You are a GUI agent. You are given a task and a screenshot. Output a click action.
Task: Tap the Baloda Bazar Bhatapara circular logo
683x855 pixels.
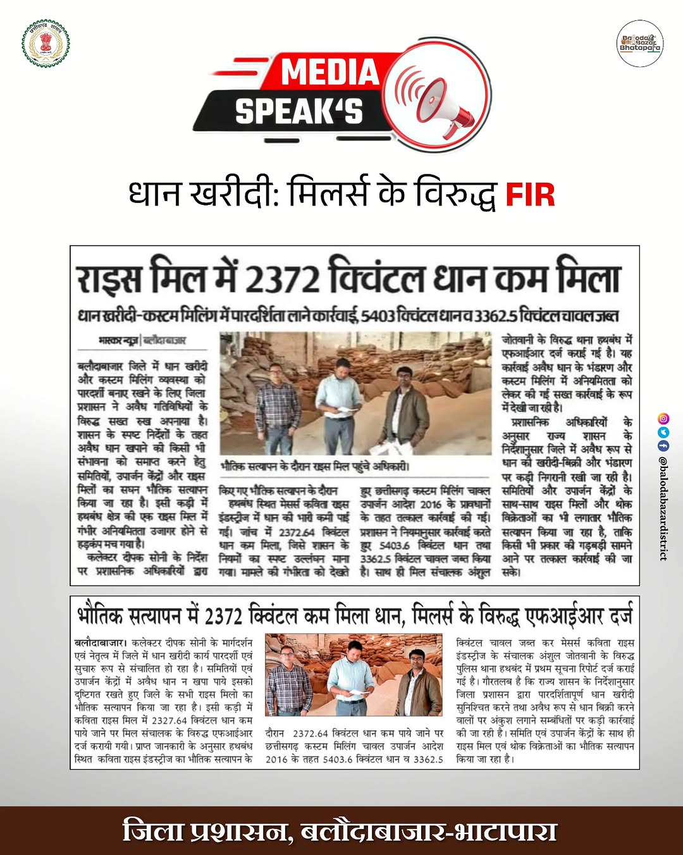639,43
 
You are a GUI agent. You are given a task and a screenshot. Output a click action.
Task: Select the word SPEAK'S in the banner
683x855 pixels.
299,111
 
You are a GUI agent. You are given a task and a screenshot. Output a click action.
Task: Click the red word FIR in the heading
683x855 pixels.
530,195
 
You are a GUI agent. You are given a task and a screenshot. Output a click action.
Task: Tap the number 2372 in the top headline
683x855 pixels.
282,279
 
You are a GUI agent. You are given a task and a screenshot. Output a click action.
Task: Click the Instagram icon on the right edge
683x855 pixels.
663,418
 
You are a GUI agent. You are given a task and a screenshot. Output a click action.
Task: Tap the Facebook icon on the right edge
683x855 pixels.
663,446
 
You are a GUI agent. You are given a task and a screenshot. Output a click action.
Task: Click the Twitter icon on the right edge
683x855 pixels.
663,433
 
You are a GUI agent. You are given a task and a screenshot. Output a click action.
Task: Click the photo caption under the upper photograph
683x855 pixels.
315,467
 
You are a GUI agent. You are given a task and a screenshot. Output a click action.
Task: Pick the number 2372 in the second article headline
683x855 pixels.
224,615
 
